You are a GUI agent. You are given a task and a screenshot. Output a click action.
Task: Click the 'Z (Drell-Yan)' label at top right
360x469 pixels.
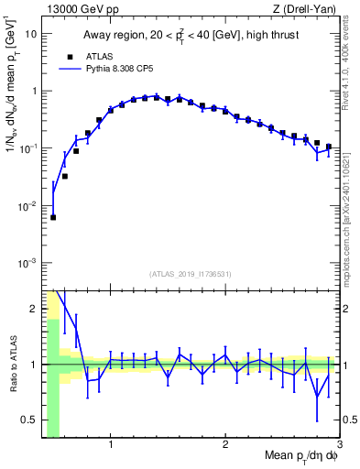point(307,9)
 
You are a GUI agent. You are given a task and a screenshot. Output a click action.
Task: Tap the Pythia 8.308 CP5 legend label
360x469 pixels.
point(129,69)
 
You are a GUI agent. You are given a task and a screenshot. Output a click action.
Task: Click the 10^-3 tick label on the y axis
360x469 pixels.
point(27,264)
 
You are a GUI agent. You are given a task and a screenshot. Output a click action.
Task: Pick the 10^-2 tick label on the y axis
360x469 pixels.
point(27,207)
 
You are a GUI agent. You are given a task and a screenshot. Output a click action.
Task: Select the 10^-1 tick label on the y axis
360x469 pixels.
point(27,149)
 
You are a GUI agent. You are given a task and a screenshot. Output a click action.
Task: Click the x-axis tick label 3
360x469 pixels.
point(339,445)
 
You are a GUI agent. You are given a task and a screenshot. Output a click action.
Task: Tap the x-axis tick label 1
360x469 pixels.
point(111,445)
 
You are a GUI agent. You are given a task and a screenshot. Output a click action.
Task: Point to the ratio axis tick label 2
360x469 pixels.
point(33,309)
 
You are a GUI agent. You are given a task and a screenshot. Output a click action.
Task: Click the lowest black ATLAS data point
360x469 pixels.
point(53,218)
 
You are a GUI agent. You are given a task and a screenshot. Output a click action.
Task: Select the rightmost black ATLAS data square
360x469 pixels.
point(328,147)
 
